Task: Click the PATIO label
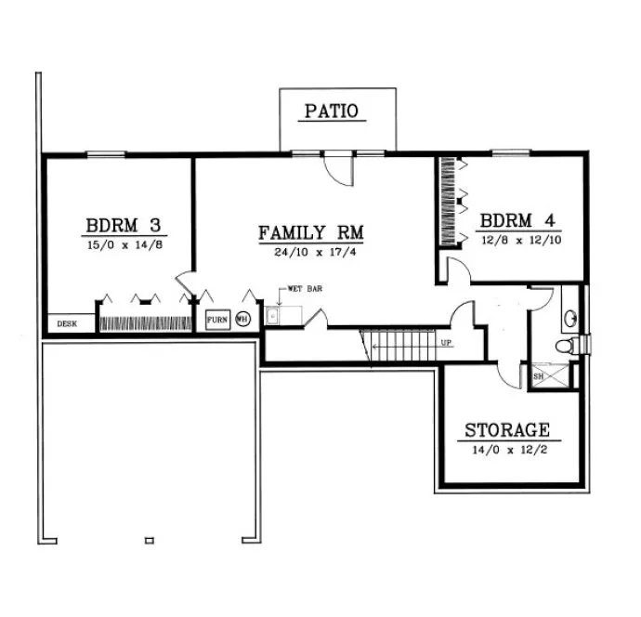(x=337, y=112)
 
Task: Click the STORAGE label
(x=506, y=430)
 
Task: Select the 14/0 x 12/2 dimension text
(x=506, y=449)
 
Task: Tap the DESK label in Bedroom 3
(x=67, y=324)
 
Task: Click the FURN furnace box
(x=216, y=319)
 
